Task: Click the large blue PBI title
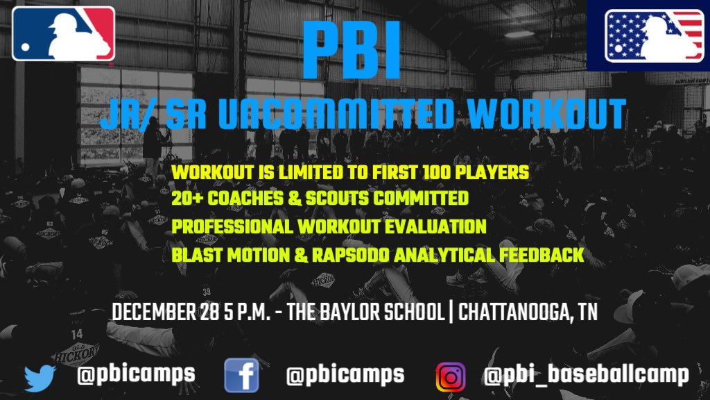tap(352, 51)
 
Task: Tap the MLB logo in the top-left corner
tap(63, 33)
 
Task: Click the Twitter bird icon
tap(40, 376)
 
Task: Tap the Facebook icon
tap(241, 376)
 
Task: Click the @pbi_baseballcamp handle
tap(586, 376)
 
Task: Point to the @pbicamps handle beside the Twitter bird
tap(136, 375)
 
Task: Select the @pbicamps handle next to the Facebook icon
tap(345, 375)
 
